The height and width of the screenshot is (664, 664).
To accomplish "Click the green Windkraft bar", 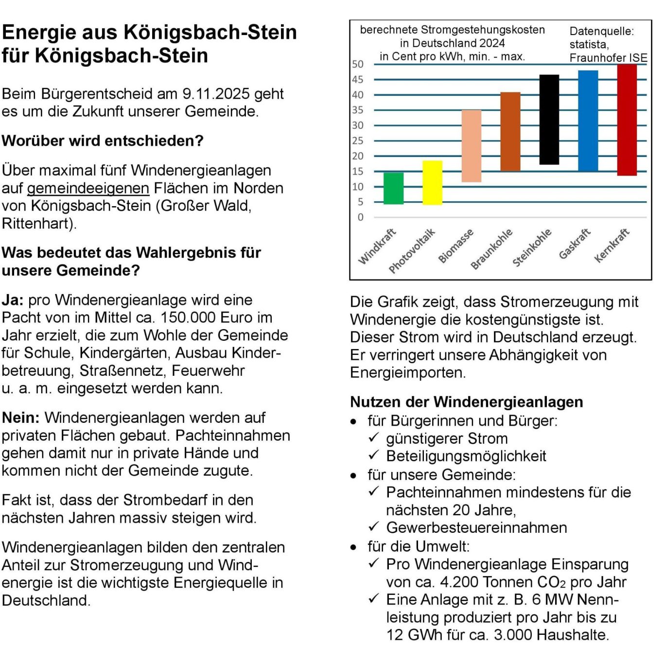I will (393, 188).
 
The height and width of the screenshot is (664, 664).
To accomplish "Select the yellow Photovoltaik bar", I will (432, 182).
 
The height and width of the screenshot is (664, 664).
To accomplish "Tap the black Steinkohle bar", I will (549, 120).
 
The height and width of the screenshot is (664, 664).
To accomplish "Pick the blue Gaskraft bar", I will (588, 121).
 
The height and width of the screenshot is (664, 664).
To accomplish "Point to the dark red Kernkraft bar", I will (627, 120).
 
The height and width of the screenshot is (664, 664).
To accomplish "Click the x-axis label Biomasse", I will (455, 246).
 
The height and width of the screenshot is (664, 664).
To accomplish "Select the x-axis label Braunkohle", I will (491, 248).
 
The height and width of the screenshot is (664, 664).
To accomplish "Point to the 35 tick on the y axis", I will (358, 110).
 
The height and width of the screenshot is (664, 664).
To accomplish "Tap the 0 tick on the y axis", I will (360, 217).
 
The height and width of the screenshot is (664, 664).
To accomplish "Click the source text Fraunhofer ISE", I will (608, 58).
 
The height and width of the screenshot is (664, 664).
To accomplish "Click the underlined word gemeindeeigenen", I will (88, 188).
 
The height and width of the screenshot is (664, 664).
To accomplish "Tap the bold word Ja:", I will (13, 300).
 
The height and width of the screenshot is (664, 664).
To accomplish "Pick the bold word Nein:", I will (21, 418).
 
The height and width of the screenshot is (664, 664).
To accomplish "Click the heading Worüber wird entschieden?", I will (103, 140).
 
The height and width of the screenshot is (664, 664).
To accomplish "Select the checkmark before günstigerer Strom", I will (373, 437).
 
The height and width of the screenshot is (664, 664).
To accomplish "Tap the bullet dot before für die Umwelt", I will (353, 547).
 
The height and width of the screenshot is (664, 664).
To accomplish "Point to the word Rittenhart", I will (38, 224).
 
